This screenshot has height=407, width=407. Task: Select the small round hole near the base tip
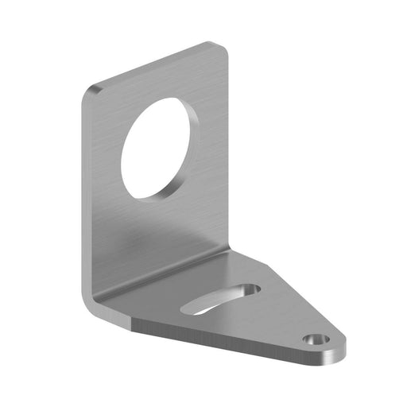[x=317, y=339]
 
